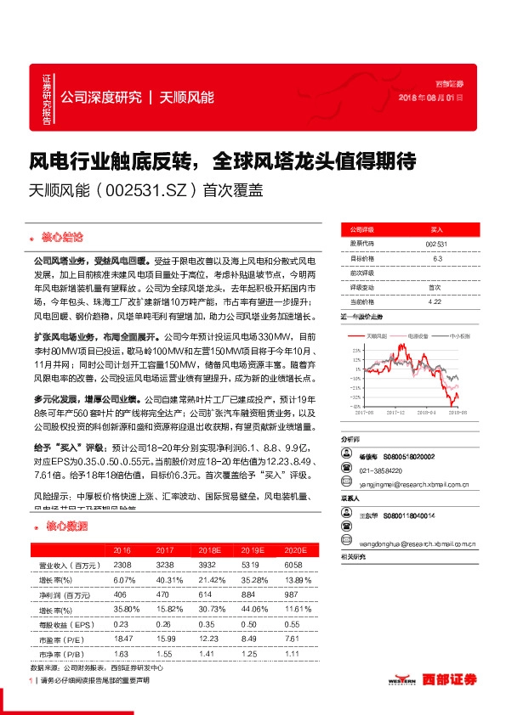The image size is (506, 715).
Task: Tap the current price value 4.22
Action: [435, 301]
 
